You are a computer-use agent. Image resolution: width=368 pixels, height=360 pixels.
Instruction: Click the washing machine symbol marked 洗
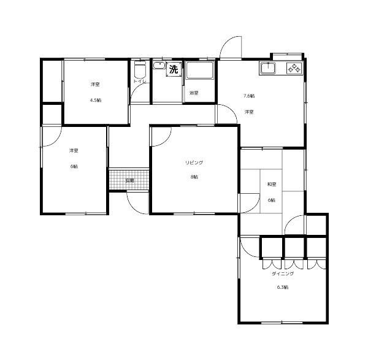(174, 69)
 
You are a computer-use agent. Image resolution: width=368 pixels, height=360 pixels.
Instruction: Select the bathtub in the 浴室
(199, 72)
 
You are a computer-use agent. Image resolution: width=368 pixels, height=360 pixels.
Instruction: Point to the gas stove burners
(294, 69)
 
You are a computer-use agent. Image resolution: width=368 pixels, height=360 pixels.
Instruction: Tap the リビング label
(194, 163)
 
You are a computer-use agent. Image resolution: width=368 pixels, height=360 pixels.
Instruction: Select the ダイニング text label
(283, 274)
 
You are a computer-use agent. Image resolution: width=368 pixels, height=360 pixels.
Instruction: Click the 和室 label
(271, 184)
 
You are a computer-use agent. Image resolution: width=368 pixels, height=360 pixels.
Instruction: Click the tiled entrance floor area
(129, 180)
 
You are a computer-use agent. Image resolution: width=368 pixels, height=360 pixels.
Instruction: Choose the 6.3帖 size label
(283, 288)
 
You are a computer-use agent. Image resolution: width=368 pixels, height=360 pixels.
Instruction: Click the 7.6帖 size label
(249, 96)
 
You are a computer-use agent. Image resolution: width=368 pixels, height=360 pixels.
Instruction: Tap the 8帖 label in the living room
(194, 177)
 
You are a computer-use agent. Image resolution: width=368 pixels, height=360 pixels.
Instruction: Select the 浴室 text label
(193, 93)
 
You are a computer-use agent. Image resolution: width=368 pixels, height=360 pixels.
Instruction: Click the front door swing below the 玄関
(136, 202)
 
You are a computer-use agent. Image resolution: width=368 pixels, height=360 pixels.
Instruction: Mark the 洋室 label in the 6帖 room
(73, 151)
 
